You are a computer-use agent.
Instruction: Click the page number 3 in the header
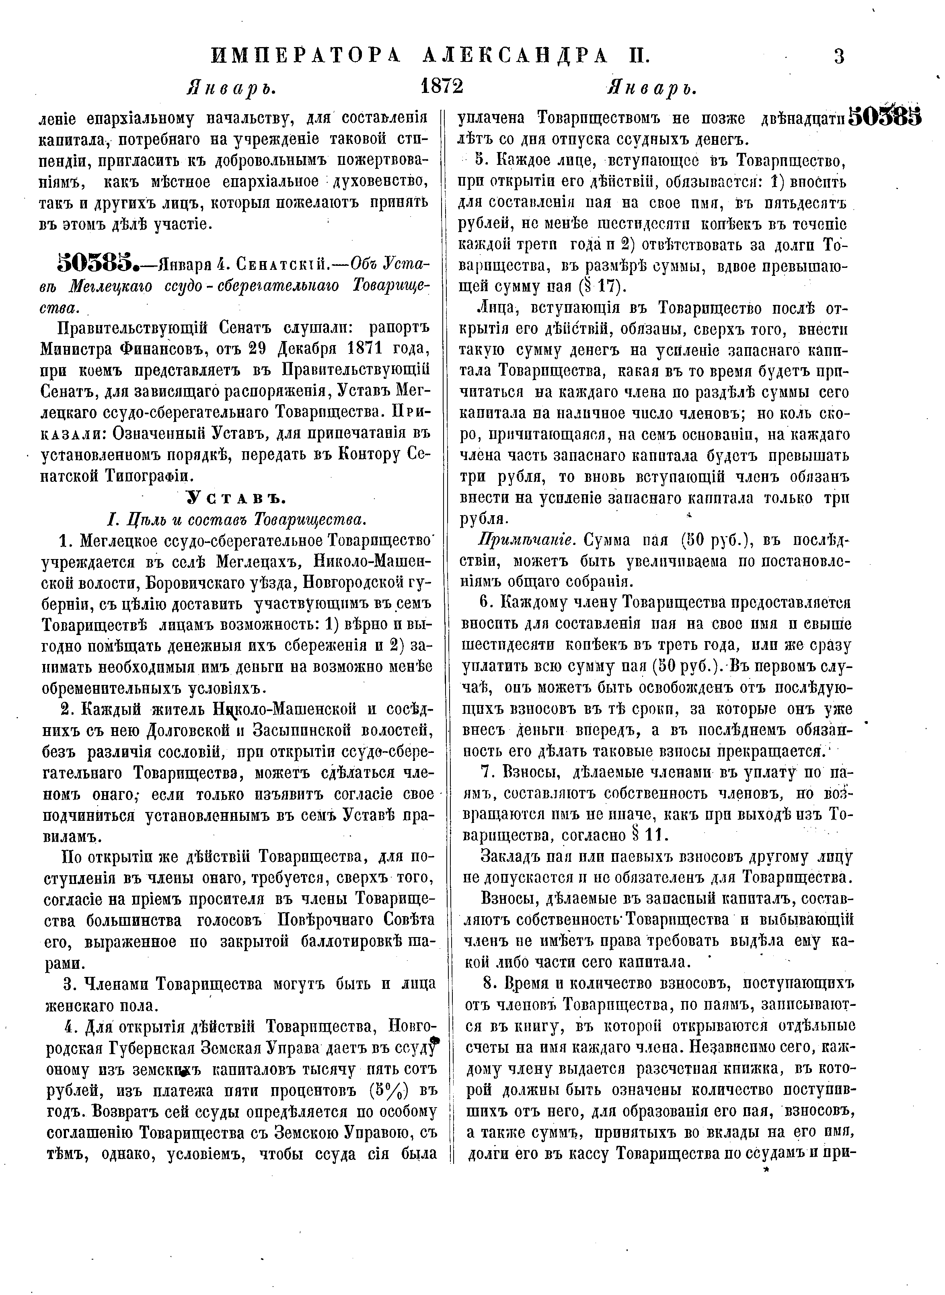(x=838, y=56)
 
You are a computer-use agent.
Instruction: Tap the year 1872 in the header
(x=441, y=87)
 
